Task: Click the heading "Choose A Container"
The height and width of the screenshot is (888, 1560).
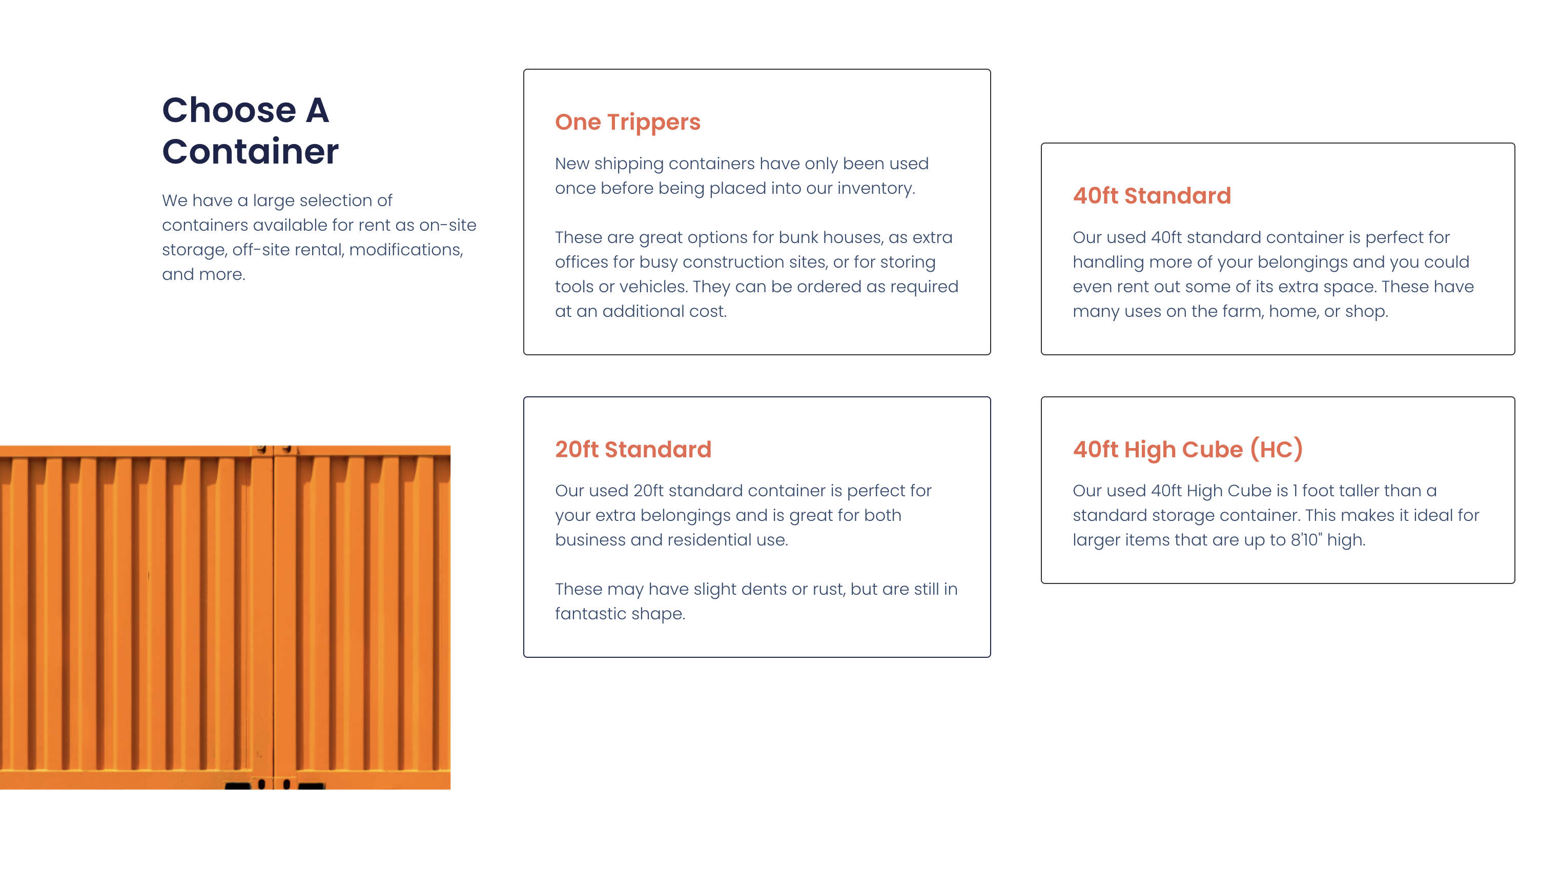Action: click(x=250, y=131)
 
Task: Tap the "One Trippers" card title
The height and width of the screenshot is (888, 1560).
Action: click(x=627, y=122)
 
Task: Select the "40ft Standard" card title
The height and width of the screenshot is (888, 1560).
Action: click(x=1152, y=196)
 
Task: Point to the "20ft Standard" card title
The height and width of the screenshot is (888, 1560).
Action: click(x=633, y=450)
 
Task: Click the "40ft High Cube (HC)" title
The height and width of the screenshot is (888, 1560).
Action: click(x=1187, y=450)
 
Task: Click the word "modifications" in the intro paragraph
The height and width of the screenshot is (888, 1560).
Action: click(x=405, y=250)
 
